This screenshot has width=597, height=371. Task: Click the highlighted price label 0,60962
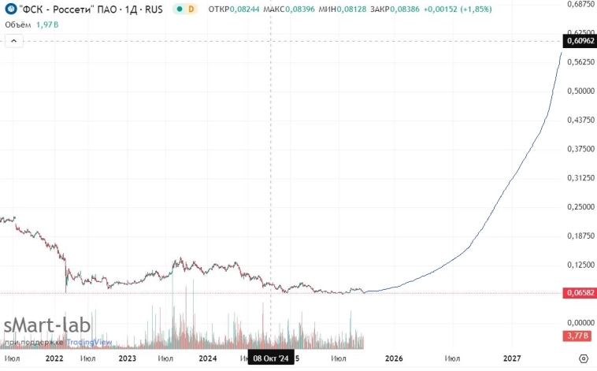tap(579, 40)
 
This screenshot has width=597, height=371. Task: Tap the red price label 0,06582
tap(579, 293)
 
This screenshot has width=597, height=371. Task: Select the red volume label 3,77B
tap(579, 336)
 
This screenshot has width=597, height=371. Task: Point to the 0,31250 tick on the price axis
tap(579, 178)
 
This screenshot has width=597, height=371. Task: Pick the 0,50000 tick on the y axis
tap(579, 91)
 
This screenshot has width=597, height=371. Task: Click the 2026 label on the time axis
tap(394, 358)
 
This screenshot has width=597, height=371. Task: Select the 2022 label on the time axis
tap(54, 358)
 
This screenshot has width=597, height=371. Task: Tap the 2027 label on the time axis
tap(512, 358)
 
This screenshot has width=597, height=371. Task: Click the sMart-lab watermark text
tap(47, 326)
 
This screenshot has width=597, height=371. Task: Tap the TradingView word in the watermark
tap(89, 343)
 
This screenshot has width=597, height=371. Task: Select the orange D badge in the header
tap(191, 9)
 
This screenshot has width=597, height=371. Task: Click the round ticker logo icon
tap(10, 9)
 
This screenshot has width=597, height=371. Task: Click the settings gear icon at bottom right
tap(583, 358)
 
